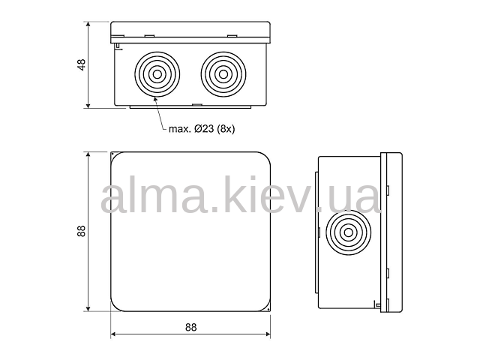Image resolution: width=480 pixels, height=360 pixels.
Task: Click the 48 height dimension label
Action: (x=82, y=64)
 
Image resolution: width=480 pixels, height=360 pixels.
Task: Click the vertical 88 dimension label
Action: (x=82, y=231)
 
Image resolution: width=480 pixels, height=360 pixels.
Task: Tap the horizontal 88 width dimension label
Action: (x=190, y=327)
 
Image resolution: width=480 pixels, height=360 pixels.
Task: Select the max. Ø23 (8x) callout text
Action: (x=202, y=129)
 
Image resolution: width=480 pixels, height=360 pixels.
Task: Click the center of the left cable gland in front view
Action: (x=157, y=74)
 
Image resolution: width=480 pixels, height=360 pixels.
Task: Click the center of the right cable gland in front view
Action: (x=223, y=74)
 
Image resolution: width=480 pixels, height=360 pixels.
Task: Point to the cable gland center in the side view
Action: (x=348, y=232)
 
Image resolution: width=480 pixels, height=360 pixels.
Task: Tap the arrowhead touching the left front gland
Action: (x=155, y=99)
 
